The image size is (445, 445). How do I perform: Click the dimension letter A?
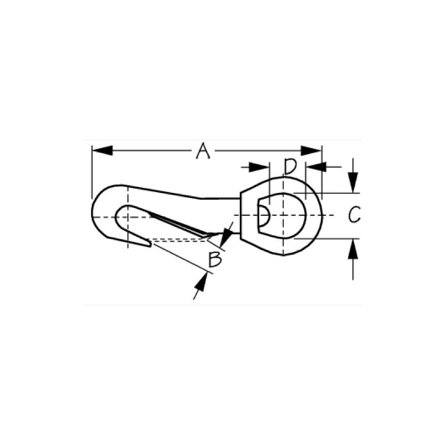(x=204, y=151)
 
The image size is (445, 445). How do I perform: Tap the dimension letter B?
(x=216, y=259)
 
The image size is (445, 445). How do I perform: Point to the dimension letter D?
(x=289, y=166)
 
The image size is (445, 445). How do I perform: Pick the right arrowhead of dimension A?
(x=311, y=150)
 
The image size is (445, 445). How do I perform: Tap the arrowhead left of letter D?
(x=259, y=167)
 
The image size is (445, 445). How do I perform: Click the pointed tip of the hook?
(x=149, y=243)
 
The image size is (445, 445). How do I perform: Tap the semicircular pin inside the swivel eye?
(x=265, y=215)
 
